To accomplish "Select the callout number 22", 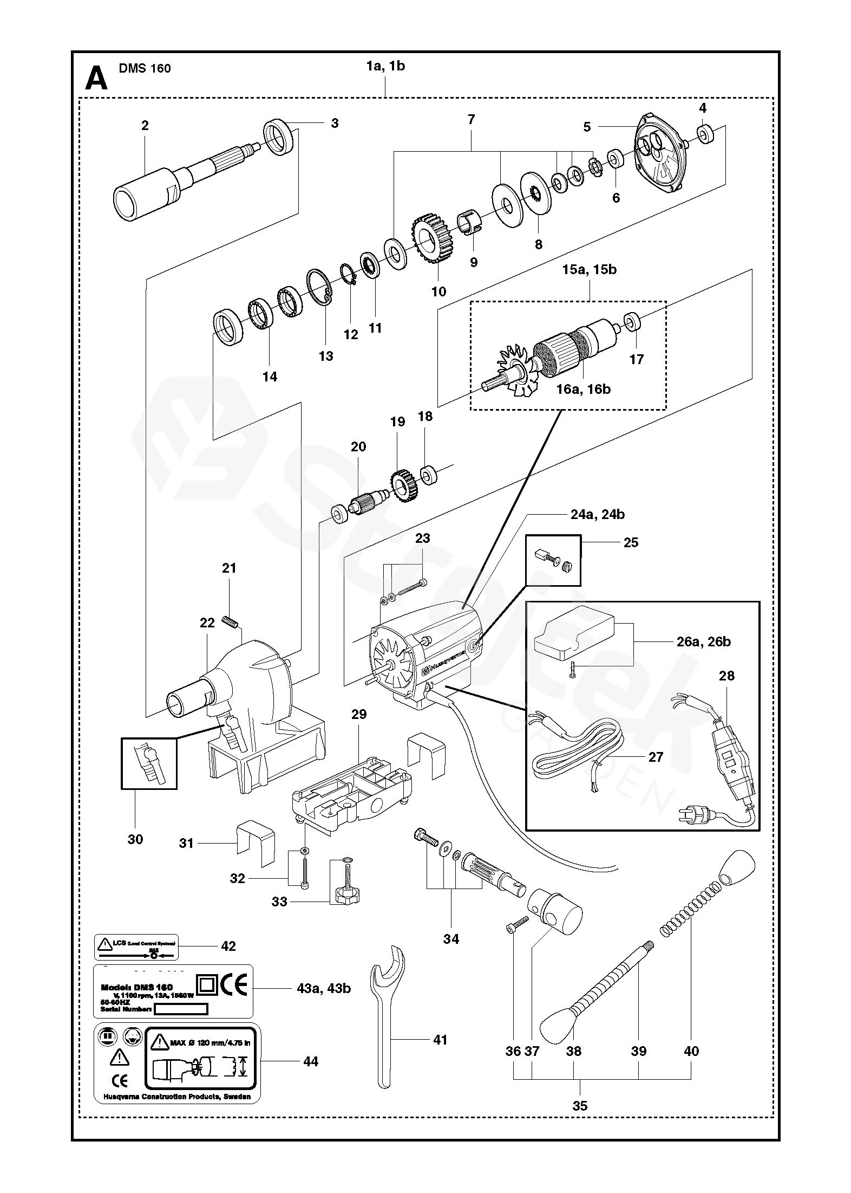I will click(207, 623).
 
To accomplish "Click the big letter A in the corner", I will click(97, 78).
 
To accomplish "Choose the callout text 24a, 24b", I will click(597, 514).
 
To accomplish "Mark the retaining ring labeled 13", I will click(319, 288).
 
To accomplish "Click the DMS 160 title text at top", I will click(145, 68).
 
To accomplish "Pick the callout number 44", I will click(311, 1062).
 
